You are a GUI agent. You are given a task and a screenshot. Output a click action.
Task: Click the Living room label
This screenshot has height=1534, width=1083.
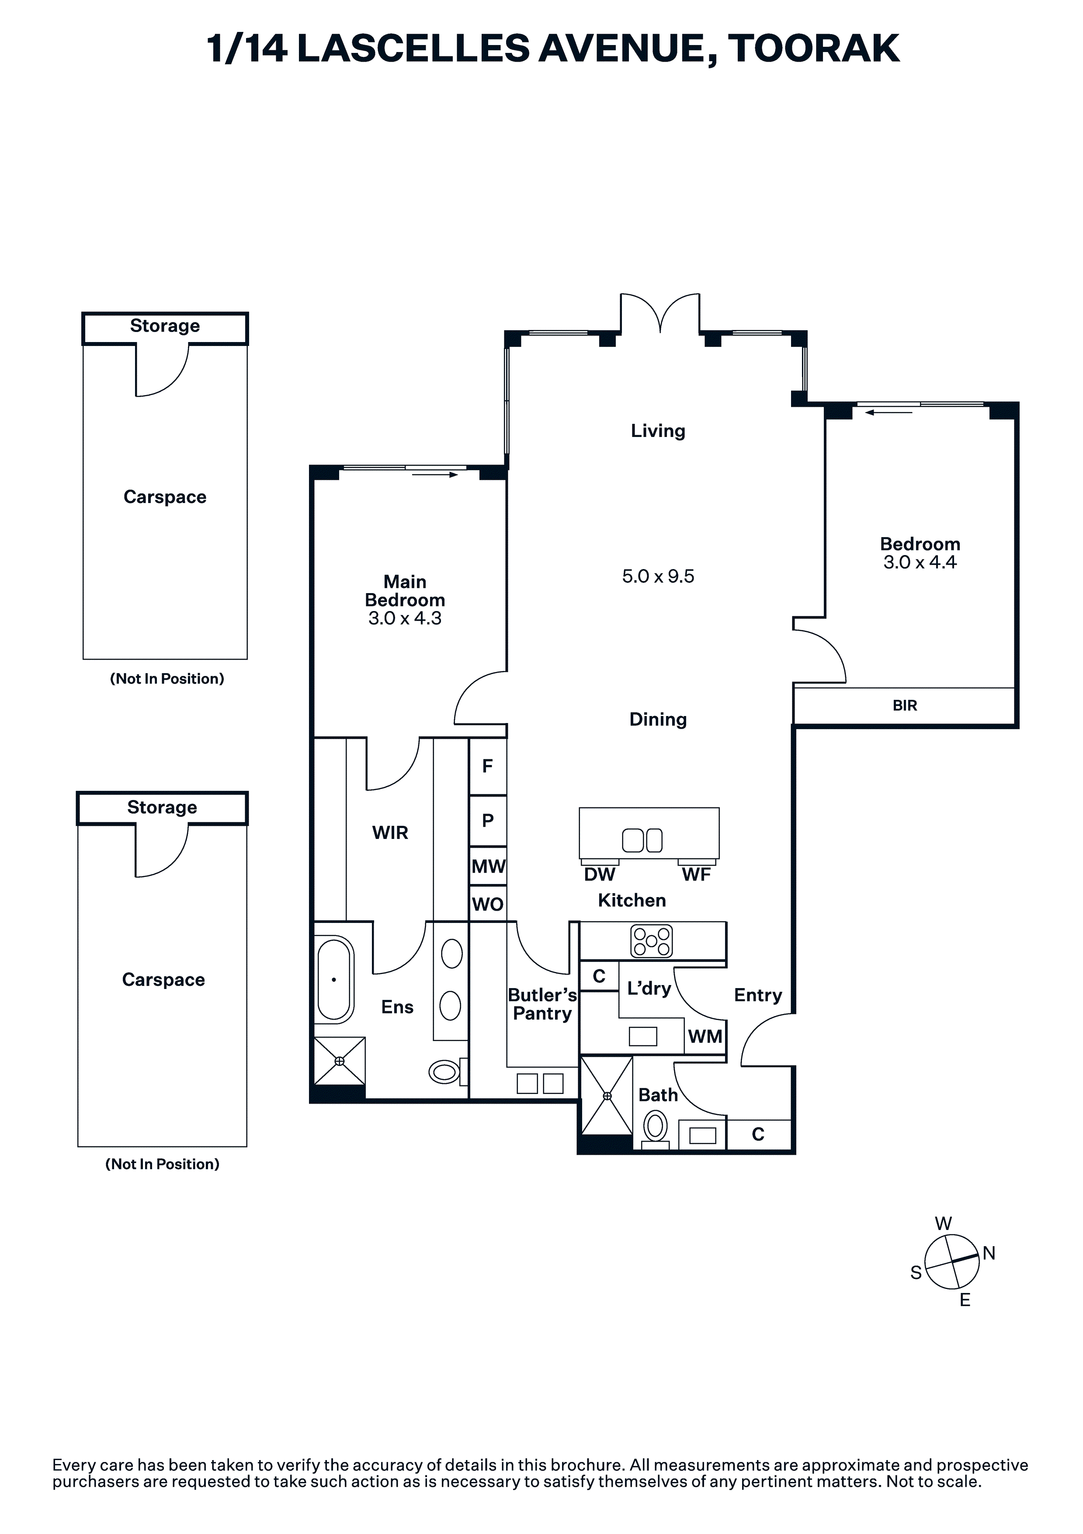click(x=658, y=431)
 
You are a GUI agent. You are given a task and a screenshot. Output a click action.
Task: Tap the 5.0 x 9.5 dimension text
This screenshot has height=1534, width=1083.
click(x=658, y=576)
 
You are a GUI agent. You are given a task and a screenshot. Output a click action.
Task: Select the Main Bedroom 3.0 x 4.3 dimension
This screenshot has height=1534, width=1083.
click(x=405, y=618)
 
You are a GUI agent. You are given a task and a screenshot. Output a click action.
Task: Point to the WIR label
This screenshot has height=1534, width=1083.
click(x=390, y=832)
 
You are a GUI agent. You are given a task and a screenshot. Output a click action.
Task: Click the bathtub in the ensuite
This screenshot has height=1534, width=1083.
click(x=334, y=979)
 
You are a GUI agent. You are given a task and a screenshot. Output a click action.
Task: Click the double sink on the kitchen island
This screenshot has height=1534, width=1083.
click(x=642, y=841)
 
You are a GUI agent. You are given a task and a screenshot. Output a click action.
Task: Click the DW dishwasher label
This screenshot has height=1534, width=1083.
click(x=600, y=874)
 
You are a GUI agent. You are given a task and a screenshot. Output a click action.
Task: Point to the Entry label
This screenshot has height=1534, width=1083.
click(x=758, y=996)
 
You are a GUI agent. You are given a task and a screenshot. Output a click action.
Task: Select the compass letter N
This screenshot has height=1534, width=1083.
click(x=989, y=1253)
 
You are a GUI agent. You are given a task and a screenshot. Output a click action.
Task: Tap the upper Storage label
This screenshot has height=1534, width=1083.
click(x=165, y=325)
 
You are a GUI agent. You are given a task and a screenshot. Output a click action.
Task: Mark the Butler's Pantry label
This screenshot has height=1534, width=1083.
click(x=542, y=1004)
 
